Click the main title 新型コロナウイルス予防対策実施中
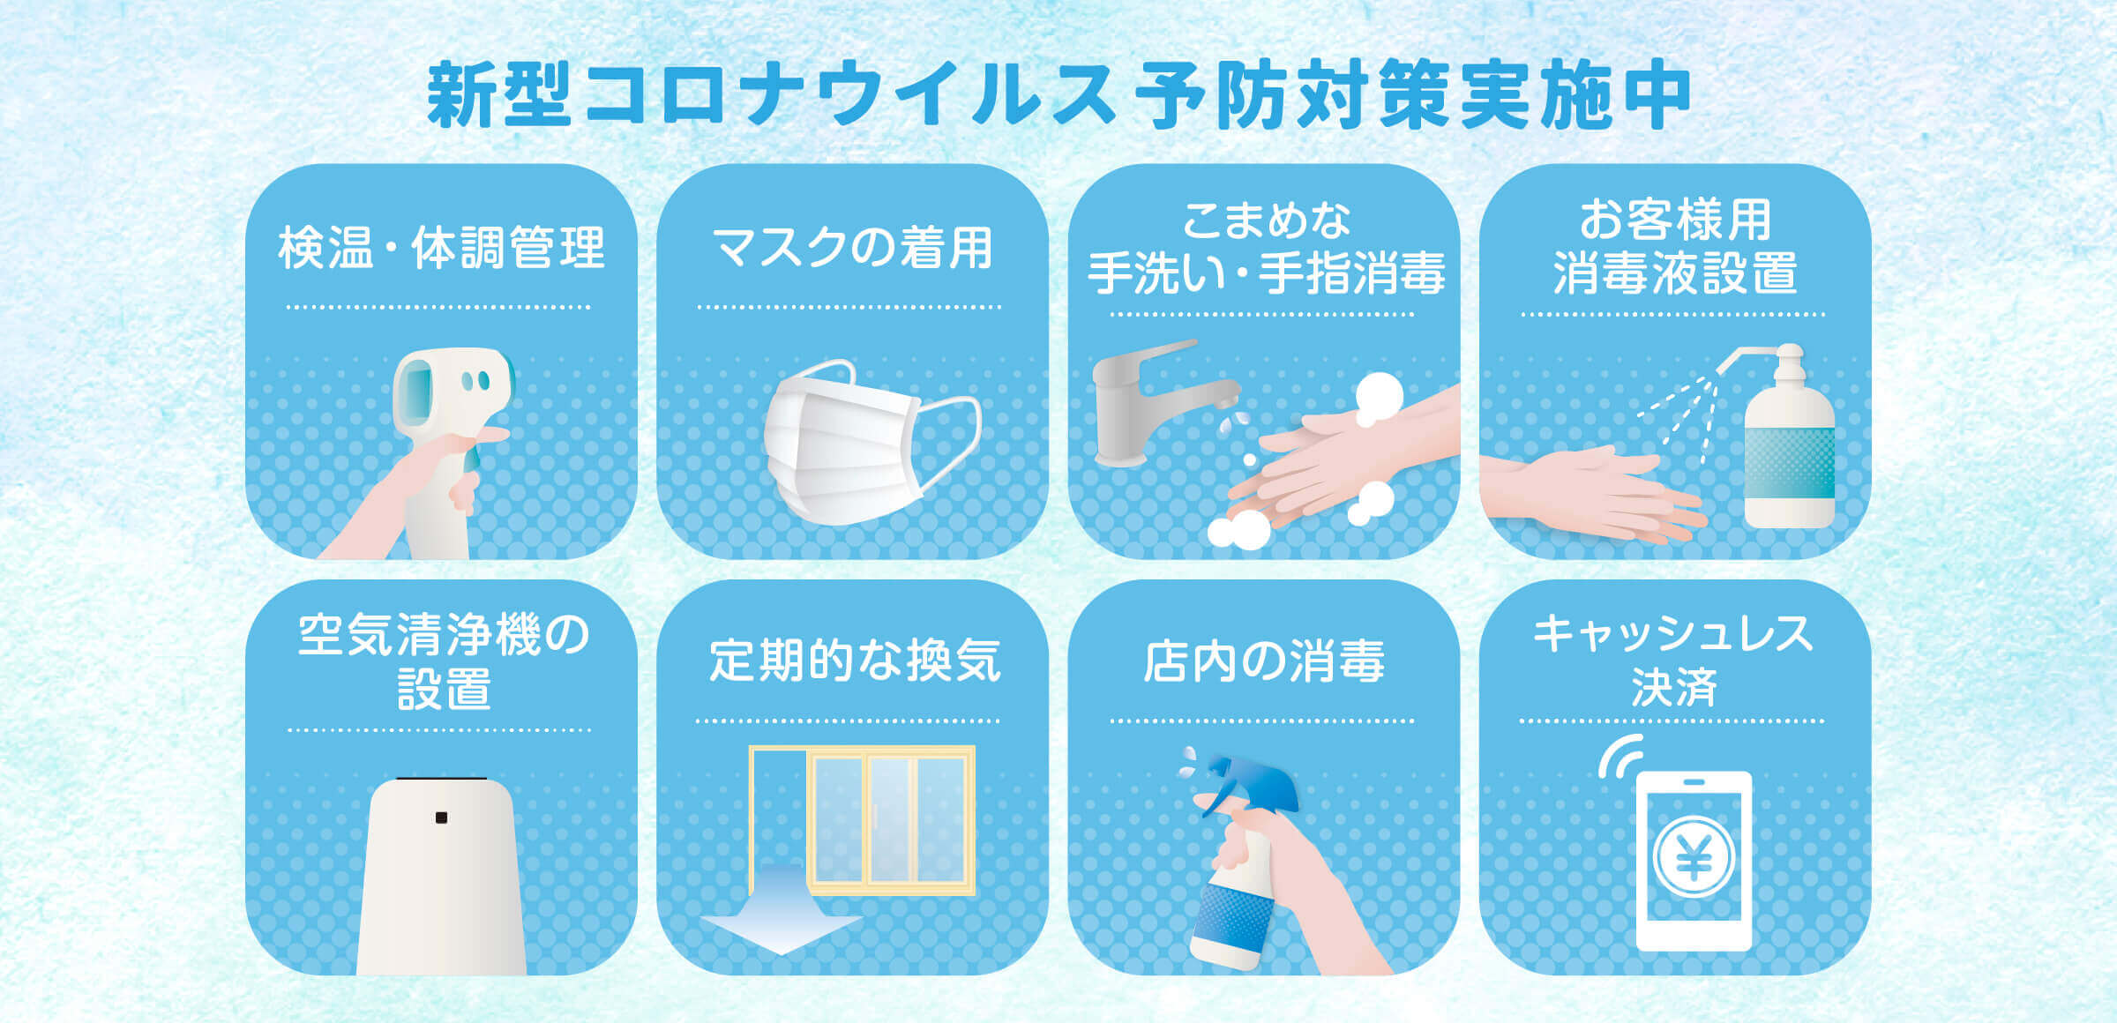[1058, 95]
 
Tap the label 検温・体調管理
[441, 248]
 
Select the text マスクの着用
[852, 248]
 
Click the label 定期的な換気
[854, 661]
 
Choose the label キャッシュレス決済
[1673, 660]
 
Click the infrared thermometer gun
[450, 450]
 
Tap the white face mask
[870, 441]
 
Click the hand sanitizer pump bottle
[1788, 437]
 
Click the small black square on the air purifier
[441, 818]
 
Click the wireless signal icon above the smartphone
[1620, 757]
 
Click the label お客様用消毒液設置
[1674, 247]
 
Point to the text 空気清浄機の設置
[443, 661]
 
